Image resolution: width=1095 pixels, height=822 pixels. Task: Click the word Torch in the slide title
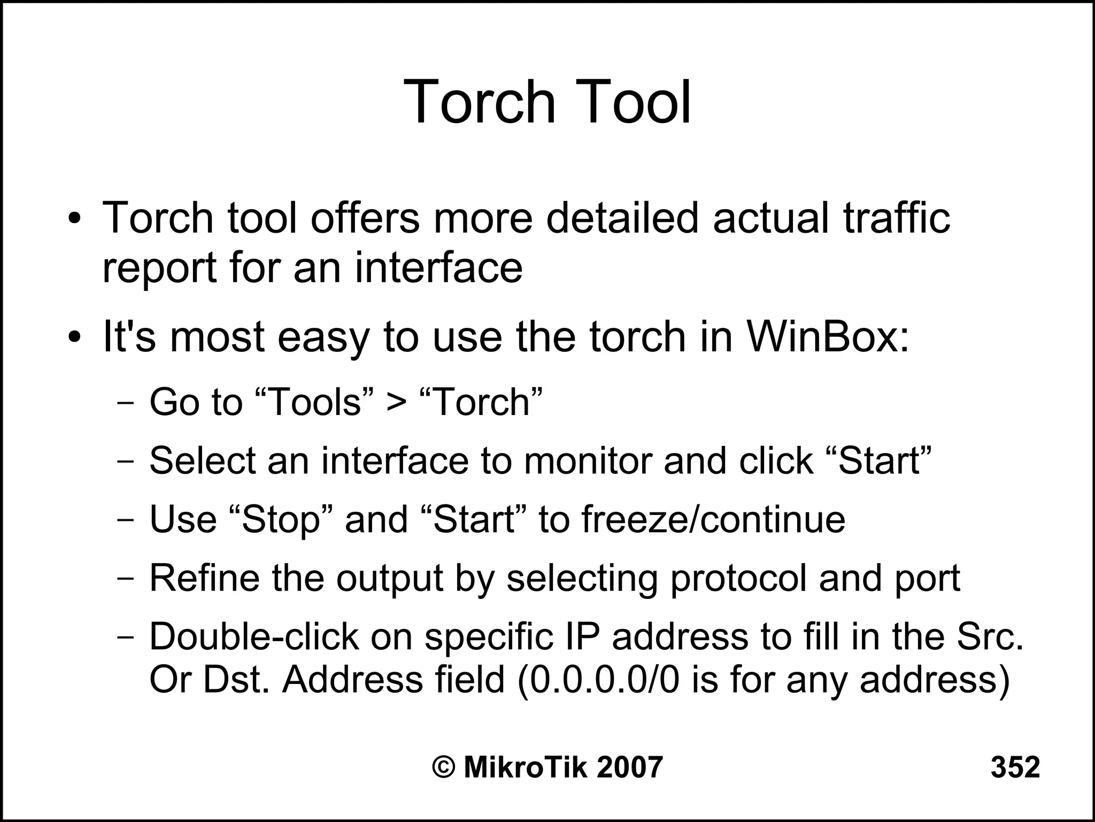[x=481, y=102]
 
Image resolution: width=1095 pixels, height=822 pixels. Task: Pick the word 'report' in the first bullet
[x=159, y=269]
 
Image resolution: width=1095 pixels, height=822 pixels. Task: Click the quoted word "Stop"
[x=284, y=520]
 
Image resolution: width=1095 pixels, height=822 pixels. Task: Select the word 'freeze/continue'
[x=713, y=520]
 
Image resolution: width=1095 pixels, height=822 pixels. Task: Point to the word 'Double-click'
[x=254, y=637]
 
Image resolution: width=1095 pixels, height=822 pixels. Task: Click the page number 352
[x=1015, y=768]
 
